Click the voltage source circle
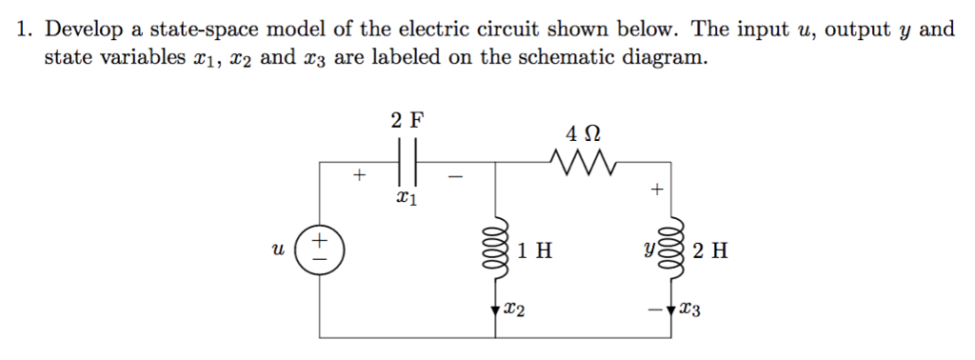point(321,250)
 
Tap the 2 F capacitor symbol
point(408,160)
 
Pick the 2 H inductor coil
point(673,250)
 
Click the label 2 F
point(408,120)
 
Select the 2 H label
point(711,251)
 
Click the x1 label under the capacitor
point(406,199)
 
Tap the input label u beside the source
point(278,250)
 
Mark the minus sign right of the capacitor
point(455,176)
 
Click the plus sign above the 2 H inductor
point(656,190)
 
